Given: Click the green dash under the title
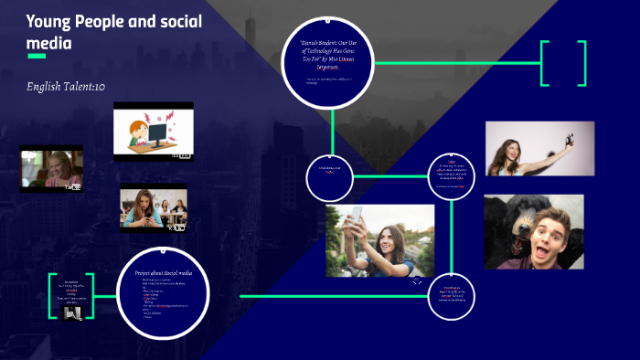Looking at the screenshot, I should (x=37, y=57).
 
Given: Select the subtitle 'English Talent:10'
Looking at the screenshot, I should (x=67, y=86).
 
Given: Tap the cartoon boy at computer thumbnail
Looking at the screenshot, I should (x=154, y=132).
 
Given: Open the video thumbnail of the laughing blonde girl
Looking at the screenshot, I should (x=51, y=169).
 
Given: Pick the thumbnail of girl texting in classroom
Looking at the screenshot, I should (x=154, y=208).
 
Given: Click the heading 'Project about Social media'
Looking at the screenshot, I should (x=164, y=273).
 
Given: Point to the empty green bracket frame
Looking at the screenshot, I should (x=563, y=63).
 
